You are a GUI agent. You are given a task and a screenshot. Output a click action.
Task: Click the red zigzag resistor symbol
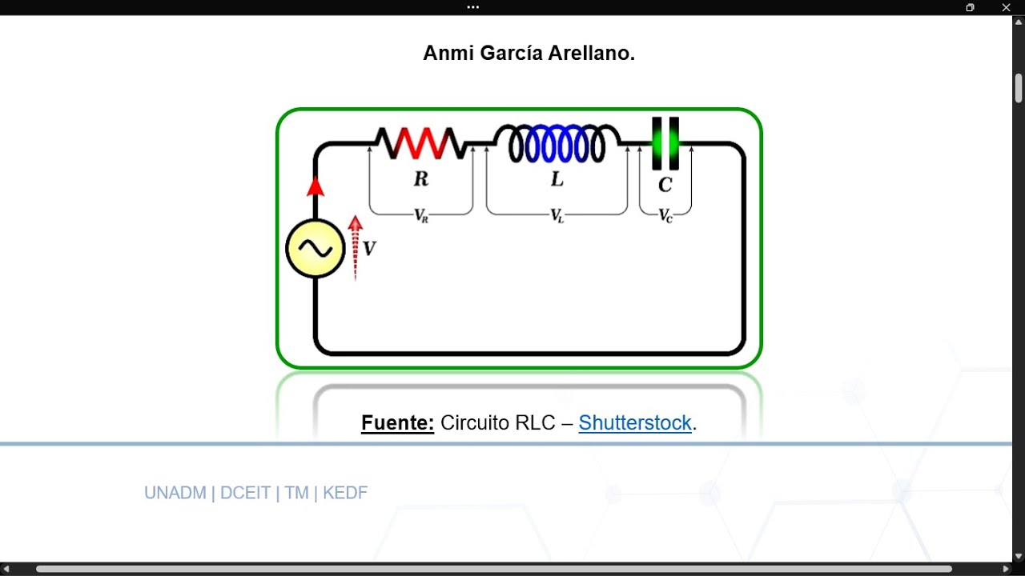421,143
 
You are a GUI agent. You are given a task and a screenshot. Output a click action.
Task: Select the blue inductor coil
557,143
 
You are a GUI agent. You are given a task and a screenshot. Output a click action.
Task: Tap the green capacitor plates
665,143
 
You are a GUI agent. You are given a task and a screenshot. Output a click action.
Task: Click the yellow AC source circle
316,249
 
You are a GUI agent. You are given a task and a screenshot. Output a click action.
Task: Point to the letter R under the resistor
421,178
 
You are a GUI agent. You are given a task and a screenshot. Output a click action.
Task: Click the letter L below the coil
557,178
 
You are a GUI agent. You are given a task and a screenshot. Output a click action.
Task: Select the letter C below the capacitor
665,185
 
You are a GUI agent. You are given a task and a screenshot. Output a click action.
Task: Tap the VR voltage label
421,215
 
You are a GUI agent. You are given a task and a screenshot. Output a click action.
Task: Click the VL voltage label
557,215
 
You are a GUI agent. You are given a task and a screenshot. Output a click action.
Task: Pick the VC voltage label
665,215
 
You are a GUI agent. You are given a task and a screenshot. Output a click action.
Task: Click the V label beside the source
369,248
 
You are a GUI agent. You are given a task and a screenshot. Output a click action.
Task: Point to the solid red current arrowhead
316,186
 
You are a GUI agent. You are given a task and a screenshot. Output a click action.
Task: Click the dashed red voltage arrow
355,248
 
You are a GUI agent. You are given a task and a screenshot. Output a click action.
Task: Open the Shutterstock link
635,423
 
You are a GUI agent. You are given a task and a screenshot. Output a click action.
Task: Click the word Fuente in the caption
397,423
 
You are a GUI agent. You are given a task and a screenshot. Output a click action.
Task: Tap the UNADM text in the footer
175,493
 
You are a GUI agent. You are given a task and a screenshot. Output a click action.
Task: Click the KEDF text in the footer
345,493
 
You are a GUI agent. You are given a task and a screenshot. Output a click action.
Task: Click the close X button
1007,7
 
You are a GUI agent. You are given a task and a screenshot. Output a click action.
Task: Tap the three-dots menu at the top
473,7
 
